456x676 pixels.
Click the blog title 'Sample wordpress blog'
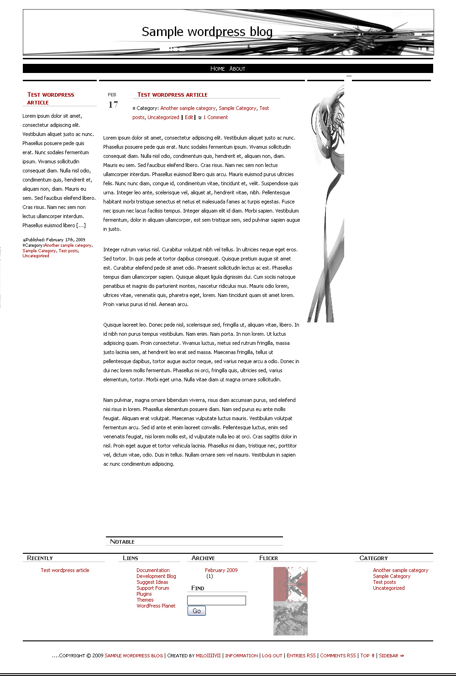coord(207,31)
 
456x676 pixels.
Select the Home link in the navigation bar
coord(217,69)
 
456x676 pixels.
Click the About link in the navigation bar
coord(237,69)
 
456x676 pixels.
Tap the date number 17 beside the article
coord(113,105)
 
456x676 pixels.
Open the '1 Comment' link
coord(215,117)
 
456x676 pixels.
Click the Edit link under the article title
coord(189,117)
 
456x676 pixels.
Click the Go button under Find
coord(197,611)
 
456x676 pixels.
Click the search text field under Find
coord(216,600)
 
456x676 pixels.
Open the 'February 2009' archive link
coord(221,570)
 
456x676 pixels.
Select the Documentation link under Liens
coord(153,570)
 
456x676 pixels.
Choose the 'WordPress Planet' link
coord(156,606)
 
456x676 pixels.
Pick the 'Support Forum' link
coord(152,588)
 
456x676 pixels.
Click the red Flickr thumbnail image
coord(290,584)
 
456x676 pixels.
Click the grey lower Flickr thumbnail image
coord(290,618)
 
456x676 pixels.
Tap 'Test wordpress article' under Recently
coord(65,570)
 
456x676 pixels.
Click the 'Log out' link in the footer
coord(272,655)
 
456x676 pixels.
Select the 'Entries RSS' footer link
coord(301,655)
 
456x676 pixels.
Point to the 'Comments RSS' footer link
coord(338,655)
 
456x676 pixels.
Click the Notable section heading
coord(122,542)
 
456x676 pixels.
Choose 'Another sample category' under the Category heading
coord(400,570)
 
